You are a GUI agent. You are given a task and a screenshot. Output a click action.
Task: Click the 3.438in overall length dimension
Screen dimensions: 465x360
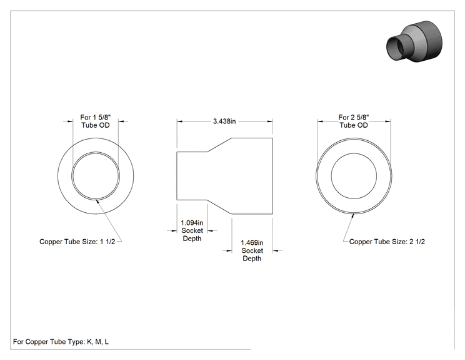pos(224,121)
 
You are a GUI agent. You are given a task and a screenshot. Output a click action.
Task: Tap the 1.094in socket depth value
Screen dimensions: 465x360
pos(192,222)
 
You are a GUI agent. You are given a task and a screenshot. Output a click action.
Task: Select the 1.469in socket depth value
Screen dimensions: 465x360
pos(252,243)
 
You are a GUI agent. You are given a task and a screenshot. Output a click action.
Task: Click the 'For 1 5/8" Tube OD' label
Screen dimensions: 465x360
pos(96,121)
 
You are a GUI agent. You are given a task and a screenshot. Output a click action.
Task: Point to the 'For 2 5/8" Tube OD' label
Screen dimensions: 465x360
pos(354,121)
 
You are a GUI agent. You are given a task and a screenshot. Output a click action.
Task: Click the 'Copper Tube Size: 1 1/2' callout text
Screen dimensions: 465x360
pos(77,242)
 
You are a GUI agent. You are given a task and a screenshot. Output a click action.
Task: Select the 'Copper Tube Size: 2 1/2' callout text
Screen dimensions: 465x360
pos(387,242)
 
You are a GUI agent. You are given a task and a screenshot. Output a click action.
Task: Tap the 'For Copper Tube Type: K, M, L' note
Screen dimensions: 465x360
pos(61,342)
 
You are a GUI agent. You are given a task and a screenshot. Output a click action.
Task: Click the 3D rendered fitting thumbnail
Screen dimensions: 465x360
pos(414,41)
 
